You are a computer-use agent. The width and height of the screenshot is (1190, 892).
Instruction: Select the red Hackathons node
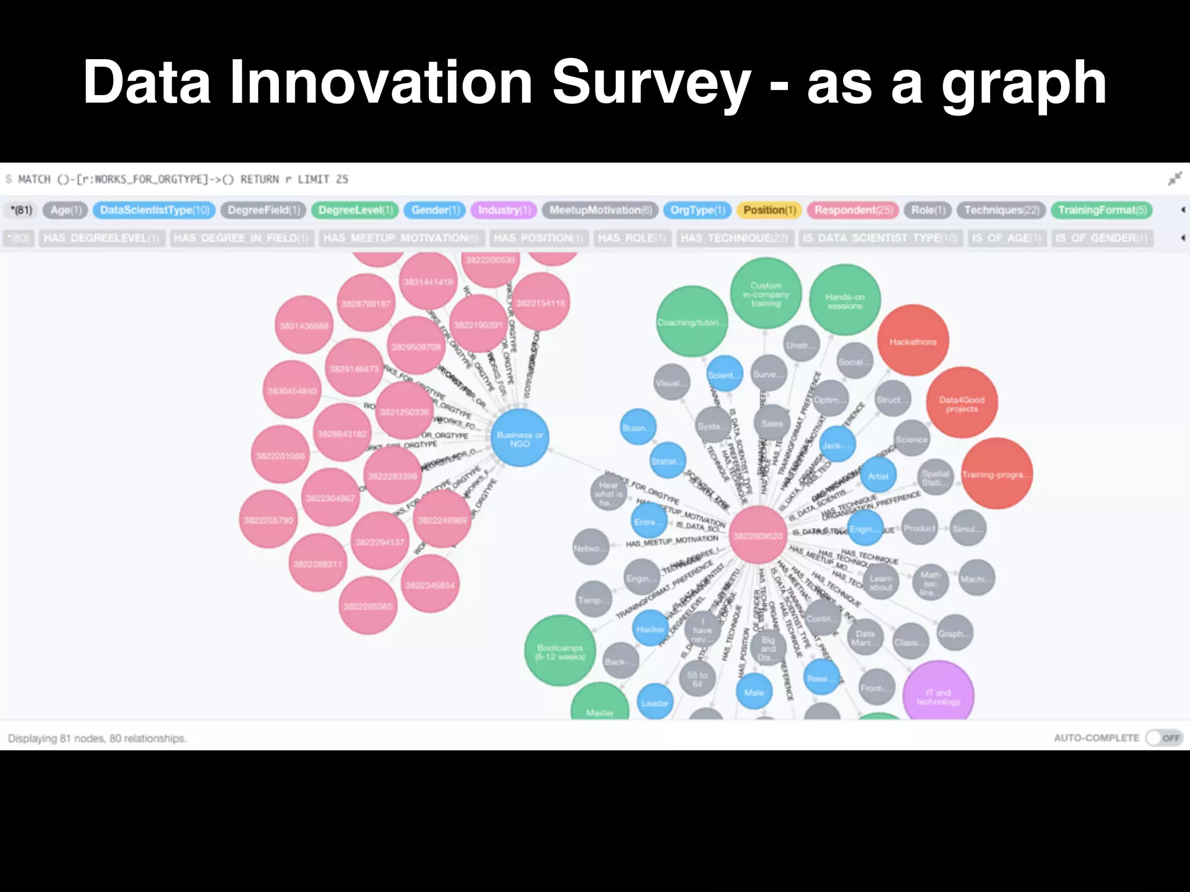(913, 341)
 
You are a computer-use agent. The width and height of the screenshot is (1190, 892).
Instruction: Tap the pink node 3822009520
(758, 535)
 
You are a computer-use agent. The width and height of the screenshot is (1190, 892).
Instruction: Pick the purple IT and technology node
(938, 696)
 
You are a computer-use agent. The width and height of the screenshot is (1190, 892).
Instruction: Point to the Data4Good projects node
(962, 404)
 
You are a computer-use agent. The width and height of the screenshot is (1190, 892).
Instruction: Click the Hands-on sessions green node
(845, 300)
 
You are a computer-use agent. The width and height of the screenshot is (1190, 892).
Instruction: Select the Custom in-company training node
(765, 294)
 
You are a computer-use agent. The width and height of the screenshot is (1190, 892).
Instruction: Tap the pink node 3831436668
(303, 325)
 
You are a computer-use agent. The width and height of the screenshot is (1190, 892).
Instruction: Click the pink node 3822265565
(367, 606)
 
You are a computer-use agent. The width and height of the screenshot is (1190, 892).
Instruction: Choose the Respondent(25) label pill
(853, 210)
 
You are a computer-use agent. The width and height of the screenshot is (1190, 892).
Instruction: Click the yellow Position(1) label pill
(769, 210)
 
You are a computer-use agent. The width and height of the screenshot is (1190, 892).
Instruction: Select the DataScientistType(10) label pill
(154, 210)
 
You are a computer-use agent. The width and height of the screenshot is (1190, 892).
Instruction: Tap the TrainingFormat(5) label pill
(1102, 210)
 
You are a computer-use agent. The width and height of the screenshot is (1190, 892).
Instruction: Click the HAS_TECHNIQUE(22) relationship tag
(734, 238)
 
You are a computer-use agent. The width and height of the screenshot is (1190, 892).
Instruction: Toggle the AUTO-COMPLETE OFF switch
(1164, 738)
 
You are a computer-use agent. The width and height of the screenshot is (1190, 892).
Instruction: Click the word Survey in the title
(651, 83)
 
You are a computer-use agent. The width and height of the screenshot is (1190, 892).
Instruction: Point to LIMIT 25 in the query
(322, 179)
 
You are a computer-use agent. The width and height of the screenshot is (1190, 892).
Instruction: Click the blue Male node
(754, 692)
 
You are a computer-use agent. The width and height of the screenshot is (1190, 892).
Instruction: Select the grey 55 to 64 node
(697, 679)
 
